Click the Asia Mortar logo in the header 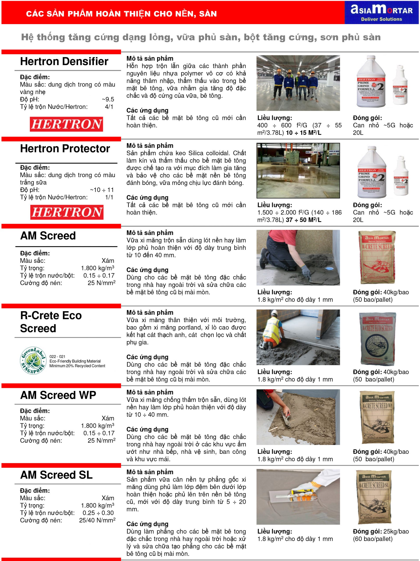pos(381,12)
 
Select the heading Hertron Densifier pos(64,61)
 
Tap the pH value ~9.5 pos(108,99)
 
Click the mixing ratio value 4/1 pos(109,107)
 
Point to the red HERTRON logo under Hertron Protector pos(67,212)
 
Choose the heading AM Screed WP pos(58,395)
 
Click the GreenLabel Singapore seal pos(33,360)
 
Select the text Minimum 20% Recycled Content pos(77,366)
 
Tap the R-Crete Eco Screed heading pos(51,322)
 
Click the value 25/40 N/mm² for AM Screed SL pos(97,520)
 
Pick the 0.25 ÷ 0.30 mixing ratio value pos(98,513)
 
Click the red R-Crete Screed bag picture pos(377,257)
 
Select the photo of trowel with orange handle pos(298,497)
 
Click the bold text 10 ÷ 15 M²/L pos(304,133)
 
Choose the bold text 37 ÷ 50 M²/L pos(304,220)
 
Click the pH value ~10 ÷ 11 pos(102,190)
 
